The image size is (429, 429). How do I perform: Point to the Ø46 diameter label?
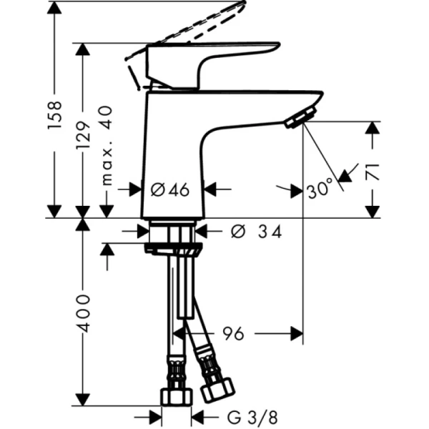[170, 189]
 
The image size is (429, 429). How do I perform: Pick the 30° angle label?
[320, 189]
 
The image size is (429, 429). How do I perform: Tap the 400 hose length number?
[84, 312]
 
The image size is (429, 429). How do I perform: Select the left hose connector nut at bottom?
[175, 395]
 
